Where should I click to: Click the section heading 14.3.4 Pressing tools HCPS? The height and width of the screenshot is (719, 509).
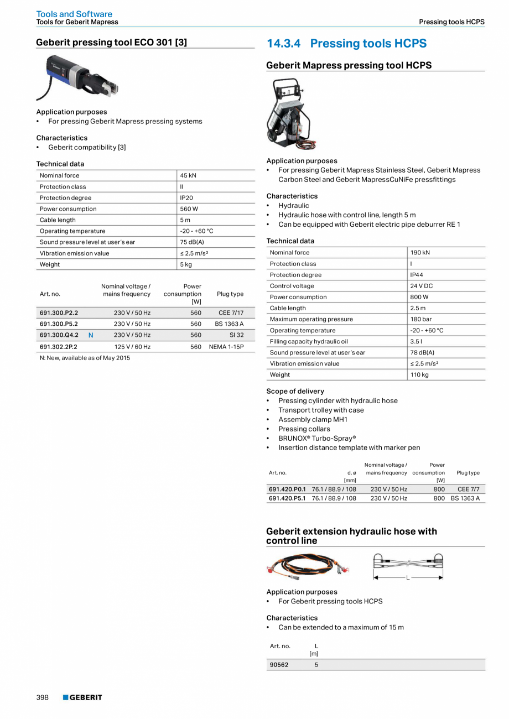point(346,44)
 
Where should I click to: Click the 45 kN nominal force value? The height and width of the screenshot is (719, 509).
point(188,175)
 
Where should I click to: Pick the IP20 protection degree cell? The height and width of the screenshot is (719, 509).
point(186,197)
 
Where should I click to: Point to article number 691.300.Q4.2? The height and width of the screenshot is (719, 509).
point(59,335)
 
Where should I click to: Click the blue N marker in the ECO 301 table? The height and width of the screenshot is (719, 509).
point(91,335)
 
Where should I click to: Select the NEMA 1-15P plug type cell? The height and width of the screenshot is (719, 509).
point(226,347)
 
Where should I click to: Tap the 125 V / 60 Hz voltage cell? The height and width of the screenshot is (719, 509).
point(132,347)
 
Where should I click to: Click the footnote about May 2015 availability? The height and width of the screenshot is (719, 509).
point(85,358)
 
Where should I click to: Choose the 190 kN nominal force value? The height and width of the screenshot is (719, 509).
point(420,253)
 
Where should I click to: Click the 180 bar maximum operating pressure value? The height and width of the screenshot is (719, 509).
point(420,319)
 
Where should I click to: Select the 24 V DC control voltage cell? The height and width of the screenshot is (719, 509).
point(422,286)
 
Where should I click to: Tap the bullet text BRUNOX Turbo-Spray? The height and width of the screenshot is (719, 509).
point(317,438)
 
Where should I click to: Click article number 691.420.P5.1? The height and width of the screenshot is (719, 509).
point(287,498)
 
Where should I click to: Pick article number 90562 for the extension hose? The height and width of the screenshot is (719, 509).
point(279,665)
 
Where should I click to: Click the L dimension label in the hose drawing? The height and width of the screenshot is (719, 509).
point(408,577)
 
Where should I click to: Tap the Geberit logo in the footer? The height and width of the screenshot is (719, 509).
point(82,697)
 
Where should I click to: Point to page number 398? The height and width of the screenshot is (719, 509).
point(43,697)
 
